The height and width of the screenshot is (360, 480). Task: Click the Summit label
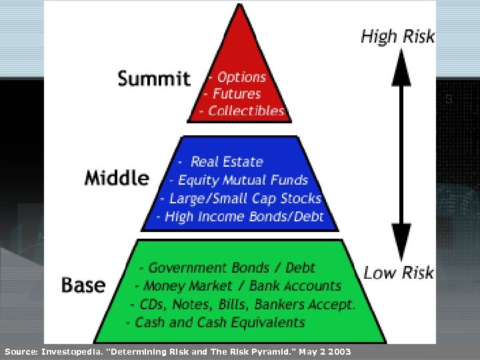(153, 78)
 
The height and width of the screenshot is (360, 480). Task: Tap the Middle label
(117, 177)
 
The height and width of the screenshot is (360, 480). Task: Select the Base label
(83, 285)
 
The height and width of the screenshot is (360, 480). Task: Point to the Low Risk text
(398, 272)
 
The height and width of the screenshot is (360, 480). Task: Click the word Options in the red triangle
(241, 77)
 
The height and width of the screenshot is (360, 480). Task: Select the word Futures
(237, 94)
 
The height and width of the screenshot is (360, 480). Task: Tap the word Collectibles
(246, 111)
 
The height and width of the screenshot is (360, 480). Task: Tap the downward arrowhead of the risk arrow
(401, 251)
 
